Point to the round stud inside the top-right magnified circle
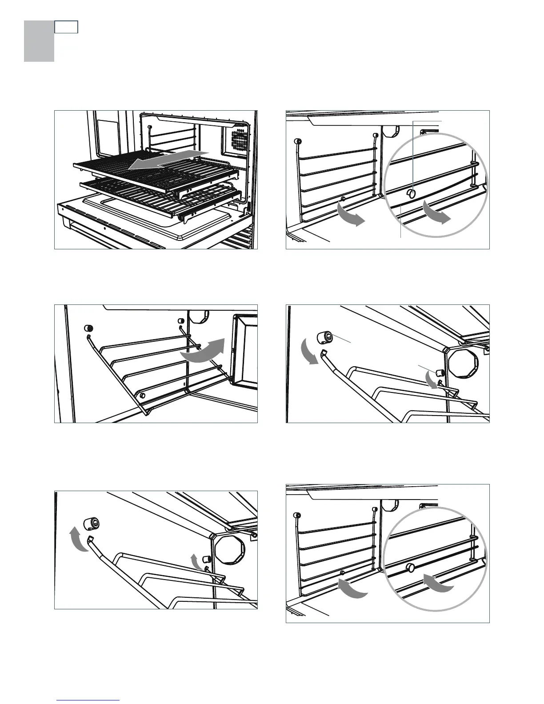[412, 193]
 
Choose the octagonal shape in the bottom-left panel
[230, 549]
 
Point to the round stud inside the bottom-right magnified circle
[410, 568]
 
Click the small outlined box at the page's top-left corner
[66, 27]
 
